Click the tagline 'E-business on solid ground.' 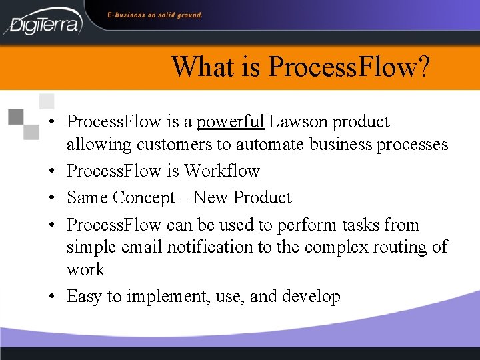click(x=155, y=15)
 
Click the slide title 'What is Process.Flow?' click(x=301, y=67)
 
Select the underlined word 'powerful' click(x=231, y=122)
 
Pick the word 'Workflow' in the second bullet click(x=222, y=171)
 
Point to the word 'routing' click(x=397, y=247)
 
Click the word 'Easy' click(x=84, y=297)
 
